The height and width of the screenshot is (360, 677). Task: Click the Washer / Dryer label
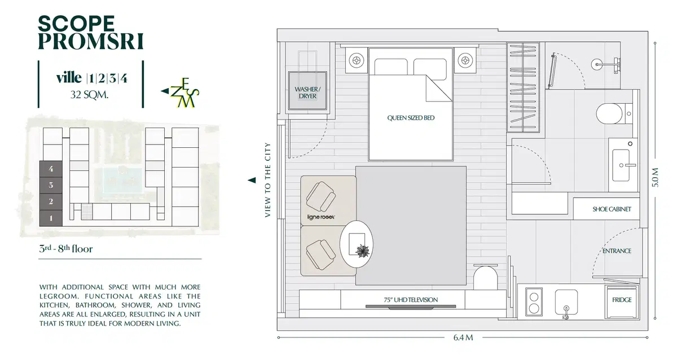tap(307, 93)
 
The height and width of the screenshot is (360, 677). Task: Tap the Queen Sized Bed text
tap(411, 118)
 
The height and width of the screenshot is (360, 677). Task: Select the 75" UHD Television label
tap(411, 300)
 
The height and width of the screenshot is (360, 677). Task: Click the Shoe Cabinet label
tap(612, 209)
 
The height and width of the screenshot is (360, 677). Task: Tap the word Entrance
tap(617, 251)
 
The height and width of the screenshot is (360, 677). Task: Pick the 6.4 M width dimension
tap(463, 337)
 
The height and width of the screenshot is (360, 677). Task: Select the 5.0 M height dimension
tap(655, 177)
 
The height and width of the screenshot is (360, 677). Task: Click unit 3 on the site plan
tap(51, 185)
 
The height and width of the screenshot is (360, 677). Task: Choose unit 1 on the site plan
tap(51, 218)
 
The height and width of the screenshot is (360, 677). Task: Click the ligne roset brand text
tap(320, 217)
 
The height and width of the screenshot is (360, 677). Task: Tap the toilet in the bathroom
tap(614, 113)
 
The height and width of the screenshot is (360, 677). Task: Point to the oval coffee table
tap(357, 244)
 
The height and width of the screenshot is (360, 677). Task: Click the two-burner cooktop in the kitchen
tap(534, 302)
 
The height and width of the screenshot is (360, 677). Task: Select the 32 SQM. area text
tap(90, 95)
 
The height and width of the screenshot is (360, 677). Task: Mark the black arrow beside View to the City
tap(252, 180)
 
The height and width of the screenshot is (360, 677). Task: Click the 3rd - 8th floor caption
tap(66, 249)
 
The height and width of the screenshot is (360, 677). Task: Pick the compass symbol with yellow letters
tap(180, 93)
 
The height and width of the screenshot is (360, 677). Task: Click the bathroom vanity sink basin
tap(621, 165)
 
